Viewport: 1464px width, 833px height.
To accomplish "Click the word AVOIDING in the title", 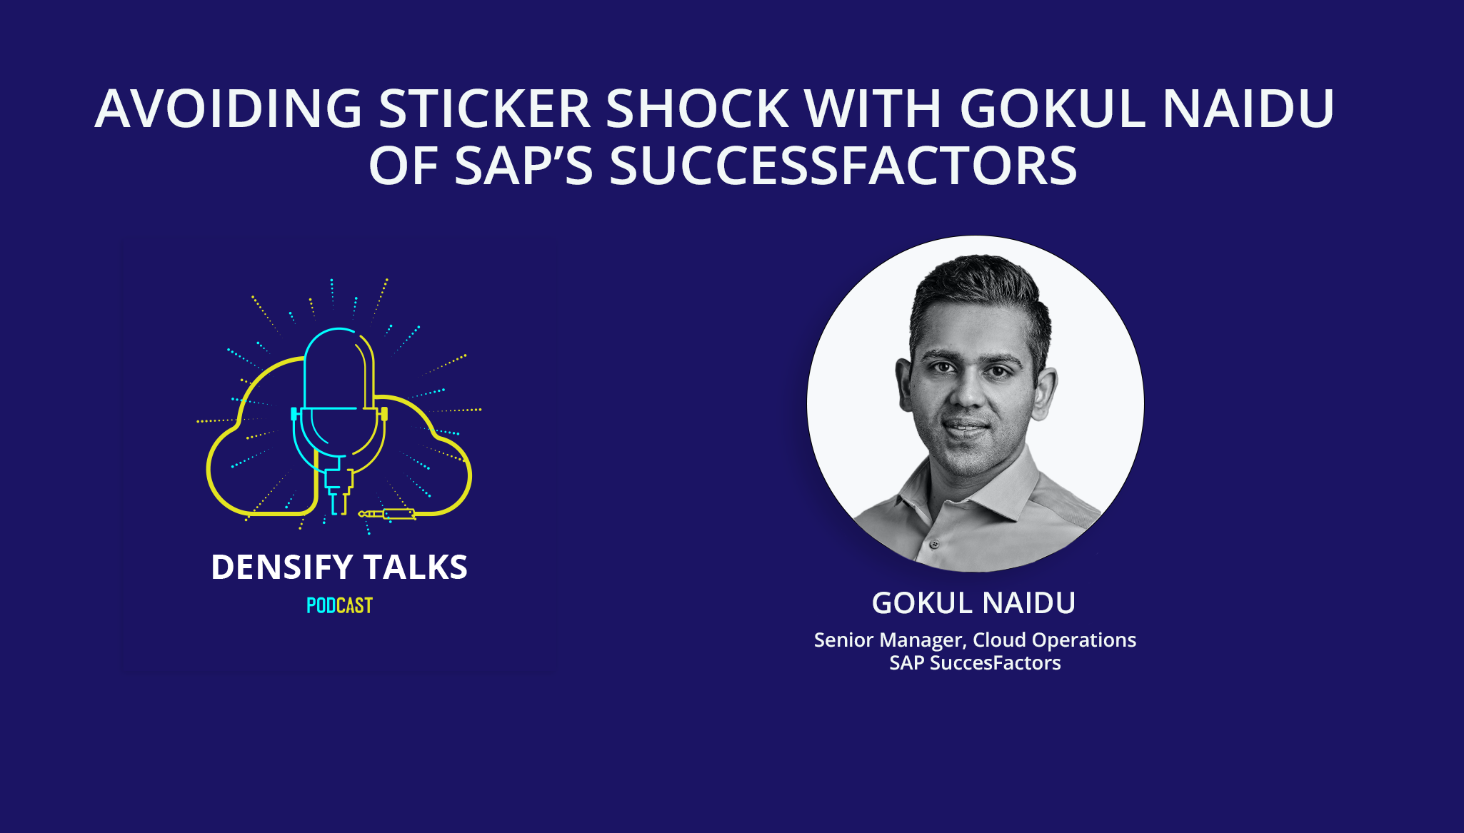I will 229,109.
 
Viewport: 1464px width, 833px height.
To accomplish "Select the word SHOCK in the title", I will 697,109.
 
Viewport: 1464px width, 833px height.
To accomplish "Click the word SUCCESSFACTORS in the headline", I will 843,166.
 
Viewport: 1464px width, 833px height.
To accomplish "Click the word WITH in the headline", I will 873,109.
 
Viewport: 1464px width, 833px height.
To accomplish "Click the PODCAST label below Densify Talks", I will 339,605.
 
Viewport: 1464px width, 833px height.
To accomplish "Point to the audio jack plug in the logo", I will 389,514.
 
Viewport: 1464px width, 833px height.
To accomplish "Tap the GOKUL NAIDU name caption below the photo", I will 973,603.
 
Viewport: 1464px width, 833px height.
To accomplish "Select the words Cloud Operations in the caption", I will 1054,640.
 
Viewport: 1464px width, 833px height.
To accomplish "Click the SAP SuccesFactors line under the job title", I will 975,663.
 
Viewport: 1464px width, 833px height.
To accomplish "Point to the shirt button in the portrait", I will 934,544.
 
